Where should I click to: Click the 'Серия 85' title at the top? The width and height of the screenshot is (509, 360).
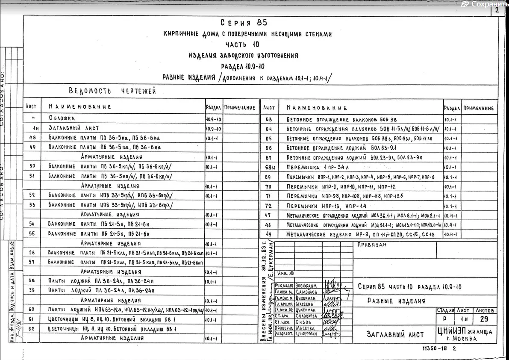pos(244,23)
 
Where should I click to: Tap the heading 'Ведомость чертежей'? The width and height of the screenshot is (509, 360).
pos(112,91)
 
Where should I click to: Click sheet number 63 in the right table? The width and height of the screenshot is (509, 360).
pos(269,120)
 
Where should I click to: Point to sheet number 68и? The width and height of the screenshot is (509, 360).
pos(269,167)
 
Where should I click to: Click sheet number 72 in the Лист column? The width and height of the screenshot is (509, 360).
pos(268,206)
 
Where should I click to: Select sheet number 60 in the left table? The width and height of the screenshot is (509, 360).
pos(32,310)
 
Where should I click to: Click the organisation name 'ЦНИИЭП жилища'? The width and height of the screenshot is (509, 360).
pos(464,331)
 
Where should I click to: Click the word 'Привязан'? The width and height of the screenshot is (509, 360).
pos(370,245)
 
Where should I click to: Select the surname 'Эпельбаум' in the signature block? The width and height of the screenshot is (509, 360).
pos(306,285)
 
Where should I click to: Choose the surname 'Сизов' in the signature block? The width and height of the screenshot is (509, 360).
pos(303,322)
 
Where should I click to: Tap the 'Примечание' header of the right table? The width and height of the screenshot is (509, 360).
pos(479,108)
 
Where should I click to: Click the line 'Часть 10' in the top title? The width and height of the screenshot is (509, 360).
pos(242,44)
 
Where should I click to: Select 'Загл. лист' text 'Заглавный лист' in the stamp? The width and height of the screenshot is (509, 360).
pos(395,334)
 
